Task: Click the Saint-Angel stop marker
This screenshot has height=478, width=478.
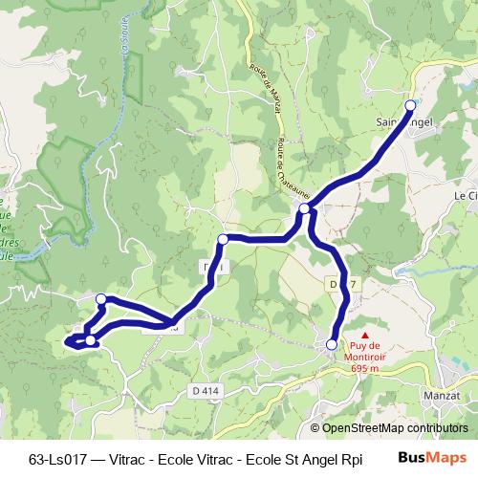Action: pos(411,105)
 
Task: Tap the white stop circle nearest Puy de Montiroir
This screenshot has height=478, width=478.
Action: pos(332,344)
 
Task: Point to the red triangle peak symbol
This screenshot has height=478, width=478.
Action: pos(364,335)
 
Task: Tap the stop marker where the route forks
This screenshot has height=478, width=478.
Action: pos(304,208)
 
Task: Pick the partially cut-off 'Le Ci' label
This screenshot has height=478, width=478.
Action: pos(466,195)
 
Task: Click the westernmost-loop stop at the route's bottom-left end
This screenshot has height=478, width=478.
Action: pos(89,339)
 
